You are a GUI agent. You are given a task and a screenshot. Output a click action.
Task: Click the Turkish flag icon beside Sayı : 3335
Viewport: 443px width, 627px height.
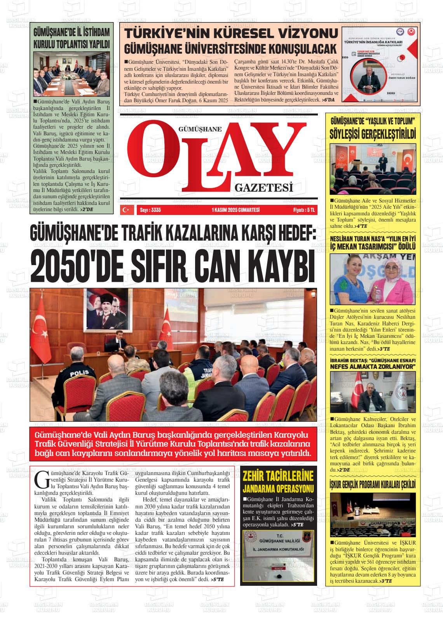tap(126, 210)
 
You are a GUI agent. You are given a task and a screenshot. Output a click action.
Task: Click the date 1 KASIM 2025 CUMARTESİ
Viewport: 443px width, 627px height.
tap(235, 210)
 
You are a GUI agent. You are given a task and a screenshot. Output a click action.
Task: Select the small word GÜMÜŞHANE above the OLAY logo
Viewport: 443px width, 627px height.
tap(199, 129)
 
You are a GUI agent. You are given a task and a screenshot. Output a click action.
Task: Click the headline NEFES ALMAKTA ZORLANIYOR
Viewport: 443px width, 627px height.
tap(372, 366)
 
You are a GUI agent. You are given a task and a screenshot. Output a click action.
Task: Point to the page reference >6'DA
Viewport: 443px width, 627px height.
tap(328, 100)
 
